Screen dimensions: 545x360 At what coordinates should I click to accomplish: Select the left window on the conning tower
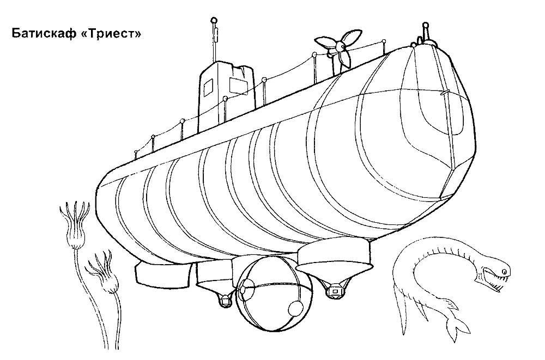208,88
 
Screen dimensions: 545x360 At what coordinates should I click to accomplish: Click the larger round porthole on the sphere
296,308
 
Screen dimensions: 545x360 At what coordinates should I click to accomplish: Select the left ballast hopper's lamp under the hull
225,300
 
